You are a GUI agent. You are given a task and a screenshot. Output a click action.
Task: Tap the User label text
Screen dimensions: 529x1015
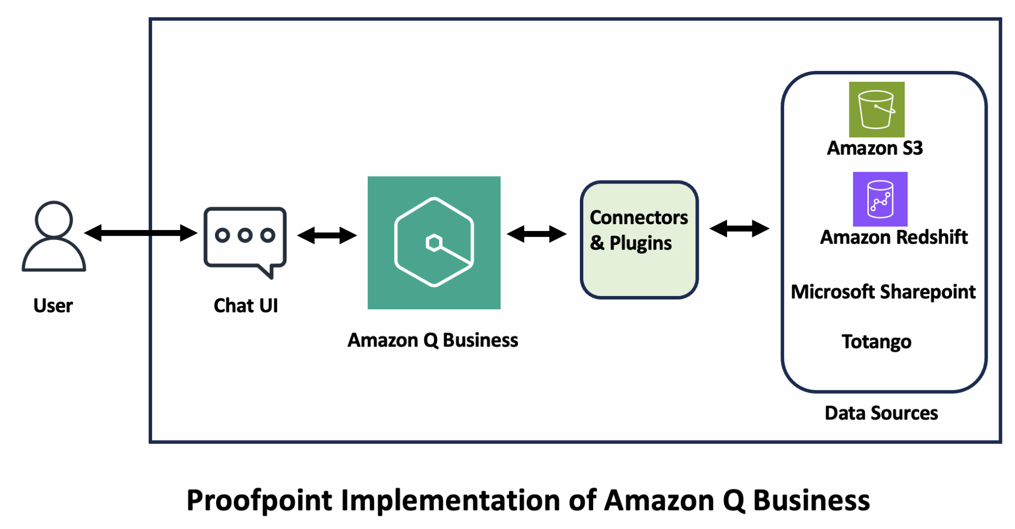point(53,305)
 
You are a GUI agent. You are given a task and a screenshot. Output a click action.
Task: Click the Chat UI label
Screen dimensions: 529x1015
point(246,305)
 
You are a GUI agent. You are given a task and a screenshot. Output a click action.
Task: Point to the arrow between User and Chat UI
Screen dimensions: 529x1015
point(141,233)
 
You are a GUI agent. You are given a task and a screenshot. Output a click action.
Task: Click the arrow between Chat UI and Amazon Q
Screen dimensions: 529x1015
point(327,235)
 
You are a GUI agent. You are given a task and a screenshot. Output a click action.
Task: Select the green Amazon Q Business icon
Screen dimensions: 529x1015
point(434,242)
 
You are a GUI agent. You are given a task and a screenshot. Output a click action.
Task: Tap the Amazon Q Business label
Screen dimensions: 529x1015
point(433,340)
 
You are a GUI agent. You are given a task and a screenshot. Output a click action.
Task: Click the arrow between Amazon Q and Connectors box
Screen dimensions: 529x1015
point(537,234)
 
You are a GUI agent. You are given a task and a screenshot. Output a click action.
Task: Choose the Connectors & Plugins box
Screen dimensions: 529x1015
point(639,240)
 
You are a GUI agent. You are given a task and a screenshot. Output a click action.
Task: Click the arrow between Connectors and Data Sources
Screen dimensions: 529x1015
point(739,229)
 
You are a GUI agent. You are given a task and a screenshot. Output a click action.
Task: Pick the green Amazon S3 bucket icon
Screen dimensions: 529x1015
point(876,110)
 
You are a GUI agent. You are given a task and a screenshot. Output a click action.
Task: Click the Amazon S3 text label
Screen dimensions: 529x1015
point(875,148)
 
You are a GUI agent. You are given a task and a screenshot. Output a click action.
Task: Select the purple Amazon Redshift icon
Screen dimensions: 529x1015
point(880,199)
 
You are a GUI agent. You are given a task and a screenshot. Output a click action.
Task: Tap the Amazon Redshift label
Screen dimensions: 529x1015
point(894,237)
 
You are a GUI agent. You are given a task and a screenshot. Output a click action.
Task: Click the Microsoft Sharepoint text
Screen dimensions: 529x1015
point(883,292)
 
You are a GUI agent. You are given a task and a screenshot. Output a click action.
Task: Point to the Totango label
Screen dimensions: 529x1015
point(876,342)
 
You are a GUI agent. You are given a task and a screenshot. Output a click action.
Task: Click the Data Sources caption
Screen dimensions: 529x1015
point(881,413)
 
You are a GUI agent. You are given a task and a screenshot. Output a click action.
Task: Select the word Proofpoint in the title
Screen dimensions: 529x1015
point(259,501)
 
